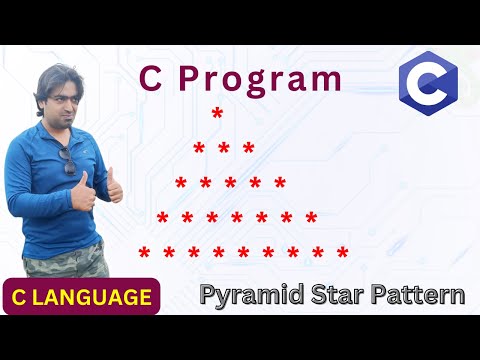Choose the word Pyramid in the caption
point(244,296)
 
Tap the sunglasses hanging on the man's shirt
point(69,162)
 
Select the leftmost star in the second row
point(199,150)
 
